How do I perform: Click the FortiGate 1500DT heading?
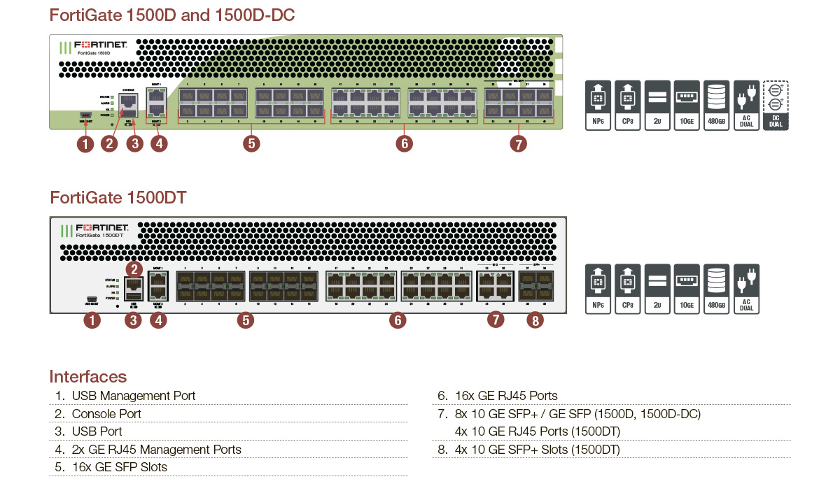pyautogui.click(x=118, y=198)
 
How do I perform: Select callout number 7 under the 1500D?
pyautogui.click(x=518, y=144)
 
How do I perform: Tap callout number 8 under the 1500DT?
pyautogui.click(x=535, y=320)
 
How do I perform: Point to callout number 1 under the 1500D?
pyautogui.click(x=85, y=145)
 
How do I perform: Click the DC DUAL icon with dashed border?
pyautogui.click(x=776, y=106)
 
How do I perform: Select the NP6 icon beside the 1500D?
pyautogui.click(x=598, y=106)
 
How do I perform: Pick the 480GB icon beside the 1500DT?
pyautogui.click(x=717, y=289)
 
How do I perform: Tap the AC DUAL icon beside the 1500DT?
pyautogui.click(x=746, y=289)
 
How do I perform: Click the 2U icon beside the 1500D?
pyautogui.click(x=657, y=106)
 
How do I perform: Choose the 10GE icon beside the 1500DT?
pyautogui.click(x=687, y=289)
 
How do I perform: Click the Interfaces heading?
pyautogui.click(x=87, y=377)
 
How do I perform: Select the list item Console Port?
pyautogui.click(x=106, y=414)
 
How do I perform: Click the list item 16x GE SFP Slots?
pyautogui.click(x=120, y=467)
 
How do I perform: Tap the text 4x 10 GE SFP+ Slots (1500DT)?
pyautogui.click(x=537, y=450)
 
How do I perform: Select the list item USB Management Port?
pyautogui.click(x=134, y=396)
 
